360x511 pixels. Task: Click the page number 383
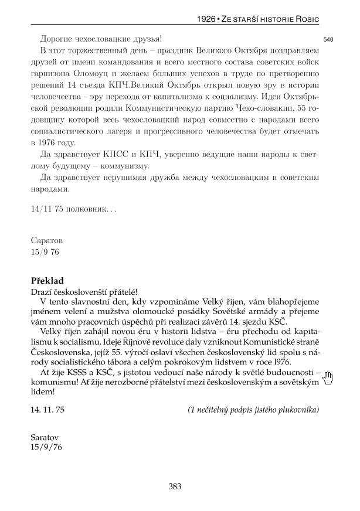tap(175, 486)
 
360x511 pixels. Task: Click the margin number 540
tap(328, 39)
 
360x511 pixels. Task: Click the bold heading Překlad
tap(47, 281)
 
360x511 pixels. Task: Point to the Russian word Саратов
tap(46, 240)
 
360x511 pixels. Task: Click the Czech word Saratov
tap(46, 437)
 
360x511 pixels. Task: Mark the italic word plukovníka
tap(297, 409)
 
